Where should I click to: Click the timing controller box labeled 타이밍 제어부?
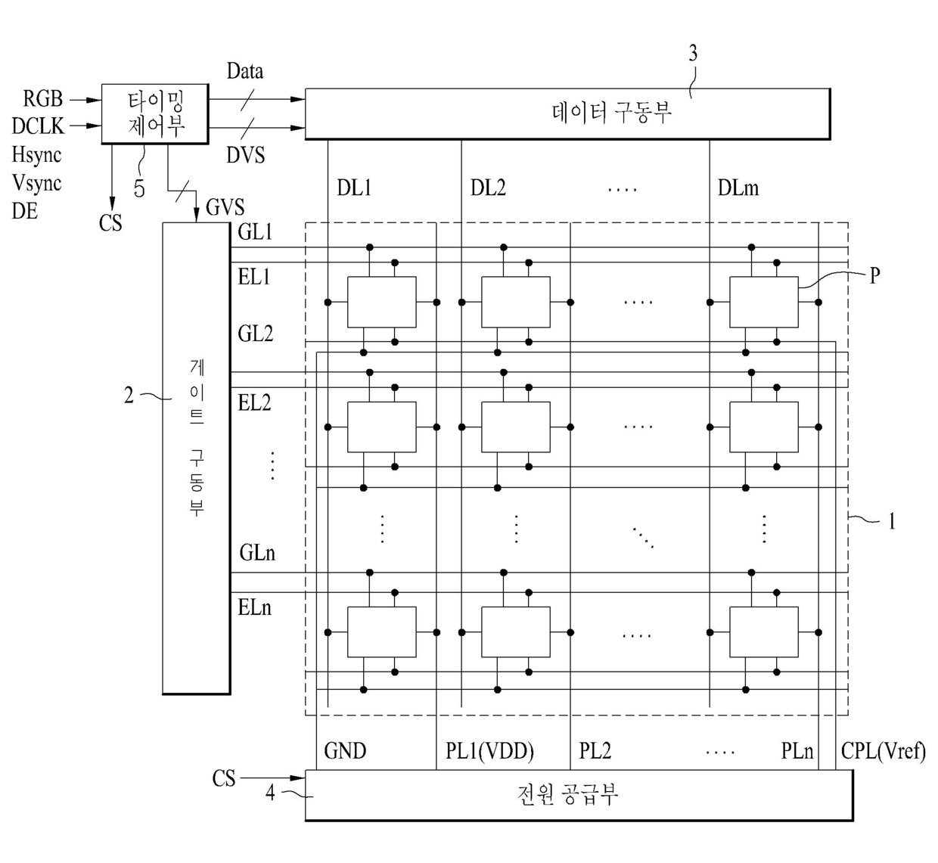(155, 113)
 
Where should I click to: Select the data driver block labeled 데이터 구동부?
(567, 113)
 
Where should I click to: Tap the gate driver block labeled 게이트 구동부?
(197, 458)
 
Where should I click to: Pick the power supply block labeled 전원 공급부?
(579, 795)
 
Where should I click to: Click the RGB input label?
(43, 98)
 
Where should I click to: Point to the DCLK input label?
(38, 126)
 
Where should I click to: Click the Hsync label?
(36, 155)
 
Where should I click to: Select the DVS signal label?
(246, 155)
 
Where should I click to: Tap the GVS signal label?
(225, 207)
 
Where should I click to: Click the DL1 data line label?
(354, 188)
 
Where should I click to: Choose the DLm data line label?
(738, 188)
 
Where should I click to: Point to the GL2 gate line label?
(256, 334)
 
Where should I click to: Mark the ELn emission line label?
(254, 608)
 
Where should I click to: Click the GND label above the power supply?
(345, 751)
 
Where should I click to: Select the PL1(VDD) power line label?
(489, 751)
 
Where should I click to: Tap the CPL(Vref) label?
(884, 751)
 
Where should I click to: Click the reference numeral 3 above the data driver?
(693, 54)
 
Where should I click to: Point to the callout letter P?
(875, 275)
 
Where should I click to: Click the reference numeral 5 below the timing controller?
(139, 188)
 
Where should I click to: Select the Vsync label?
(36, 183)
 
